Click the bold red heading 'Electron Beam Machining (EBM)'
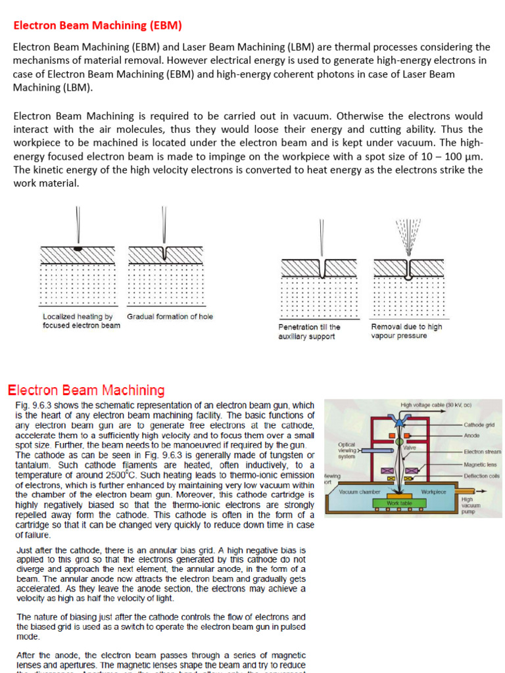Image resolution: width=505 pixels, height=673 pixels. point(97,26)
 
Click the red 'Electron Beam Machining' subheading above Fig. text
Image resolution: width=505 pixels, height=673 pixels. point(85,390)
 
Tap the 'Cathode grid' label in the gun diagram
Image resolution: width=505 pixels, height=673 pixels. point(480,425)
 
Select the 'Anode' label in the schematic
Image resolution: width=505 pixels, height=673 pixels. point(471,435)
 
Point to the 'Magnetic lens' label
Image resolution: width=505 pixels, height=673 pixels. point(479,464)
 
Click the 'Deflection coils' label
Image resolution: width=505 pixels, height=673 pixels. point(481,475)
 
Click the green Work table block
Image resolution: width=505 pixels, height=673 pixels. point(399,503)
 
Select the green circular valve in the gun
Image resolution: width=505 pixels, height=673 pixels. point(398,445)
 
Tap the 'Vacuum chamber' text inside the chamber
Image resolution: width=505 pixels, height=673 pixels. point(360,492)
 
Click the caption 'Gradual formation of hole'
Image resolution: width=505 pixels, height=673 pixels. point(170,317)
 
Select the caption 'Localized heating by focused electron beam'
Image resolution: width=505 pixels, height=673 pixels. point(82,321)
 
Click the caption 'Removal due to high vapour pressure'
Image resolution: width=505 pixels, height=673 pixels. point(406,331)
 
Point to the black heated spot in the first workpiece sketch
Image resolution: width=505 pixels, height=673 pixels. point(78,250)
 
